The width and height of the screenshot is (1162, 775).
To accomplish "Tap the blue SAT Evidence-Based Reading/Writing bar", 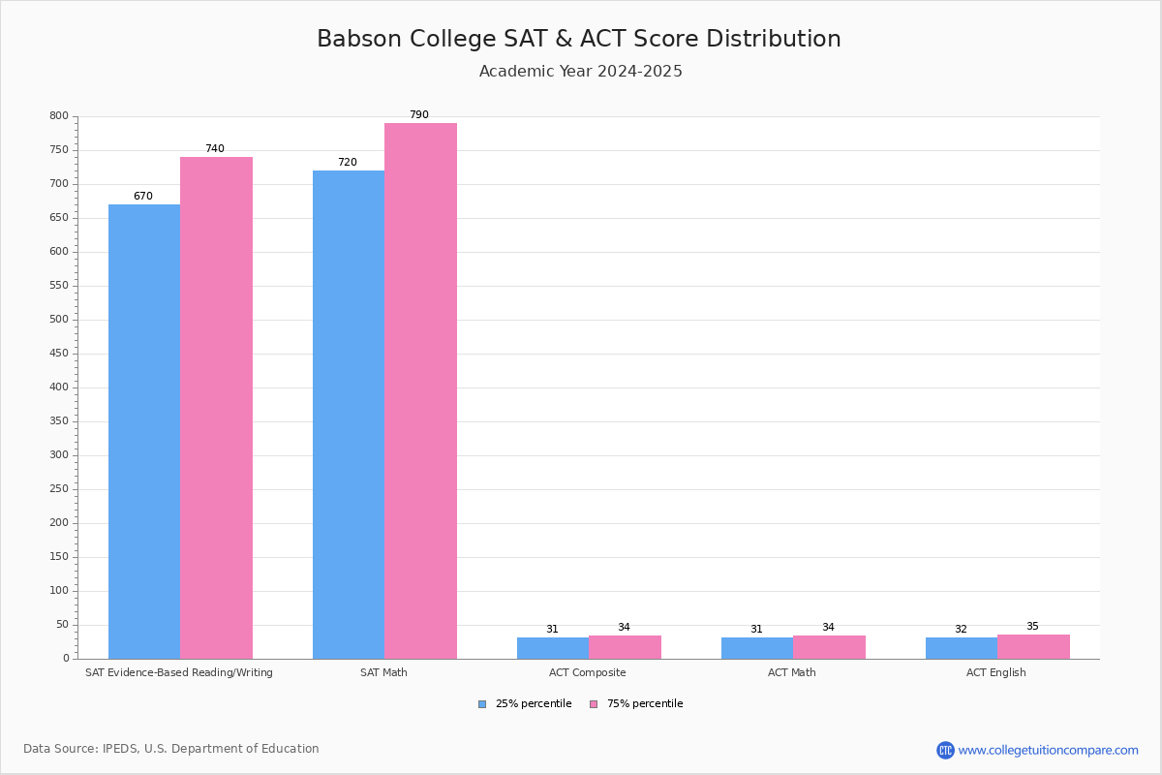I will (x=144, y=431).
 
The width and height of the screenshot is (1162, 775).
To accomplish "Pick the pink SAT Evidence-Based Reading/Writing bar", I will (x=216, y=408).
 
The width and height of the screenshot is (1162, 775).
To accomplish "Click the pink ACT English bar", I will (x=1033, y=647).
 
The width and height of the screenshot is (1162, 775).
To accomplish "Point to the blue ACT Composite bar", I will (x=553, y=648).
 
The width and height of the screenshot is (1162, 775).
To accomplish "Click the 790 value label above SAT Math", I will (x=418, y=115).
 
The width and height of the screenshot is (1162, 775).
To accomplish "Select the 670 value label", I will (x=143, y=197).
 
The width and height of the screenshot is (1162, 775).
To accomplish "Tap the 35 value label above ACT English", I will (x=1032, y=627).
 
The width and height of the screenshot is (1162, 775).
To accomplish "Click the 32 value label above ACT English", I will (x=961, y=630).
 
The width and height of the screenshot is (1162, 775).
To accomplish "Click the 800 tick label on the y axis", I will (x=59, y=116).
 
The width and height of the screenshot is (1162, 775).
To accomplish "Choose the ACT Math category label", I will (x=791, y=672).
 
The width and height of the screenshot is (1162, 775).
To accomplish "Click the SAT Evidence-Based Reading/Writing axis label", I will (x=179, y=672).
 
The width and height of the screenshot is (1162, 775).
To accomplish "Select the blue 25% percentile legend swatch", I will (x=482, y=704).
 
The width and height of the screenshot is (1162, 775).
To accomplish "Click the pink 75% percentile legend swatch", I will (x=594, y=704).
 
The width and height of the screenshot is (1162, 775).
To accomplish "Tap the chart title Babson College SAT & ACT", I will (x=579, y=39).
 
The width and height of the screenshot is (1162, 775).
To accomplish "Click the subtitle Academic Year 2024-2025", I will (x=581, y=72).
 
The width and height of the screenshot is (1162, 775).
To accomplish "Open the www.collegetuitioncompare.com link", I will (x=1048, y=750).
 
